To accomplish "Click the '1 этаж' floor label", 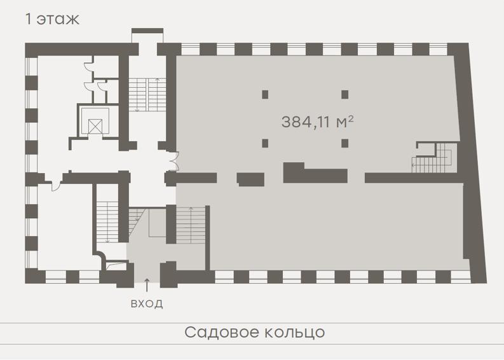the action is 52,19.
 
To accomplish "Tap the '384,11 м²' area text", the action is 318,122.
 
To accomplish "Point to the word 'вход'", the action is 147,303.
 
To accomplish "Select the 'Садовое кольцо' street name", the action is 255,332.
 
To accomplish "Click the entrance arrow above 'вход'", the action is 147,285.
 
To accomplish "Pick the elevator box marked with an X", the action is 95,126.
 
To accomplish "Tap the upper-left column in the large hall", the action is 265,95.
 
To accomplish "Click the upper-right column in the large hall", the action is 345,95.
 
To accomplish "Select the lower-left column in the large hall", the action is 265,143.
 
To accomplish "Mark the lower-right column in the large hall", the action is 345,143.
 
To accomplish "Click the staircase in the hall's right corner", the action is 434,158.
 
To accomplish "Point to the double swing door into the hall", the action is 174,160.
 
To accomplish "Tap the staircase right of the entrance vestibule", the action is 191,225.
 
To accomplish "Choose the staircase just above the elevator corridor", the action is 147,95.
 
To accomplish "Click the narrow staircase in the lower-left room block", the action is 107,222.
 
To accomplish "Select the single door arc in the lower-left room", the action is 57,186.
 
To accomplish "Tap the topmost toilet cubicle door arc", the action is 88,65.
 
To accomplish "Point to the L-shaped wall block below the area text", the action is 315,173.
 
